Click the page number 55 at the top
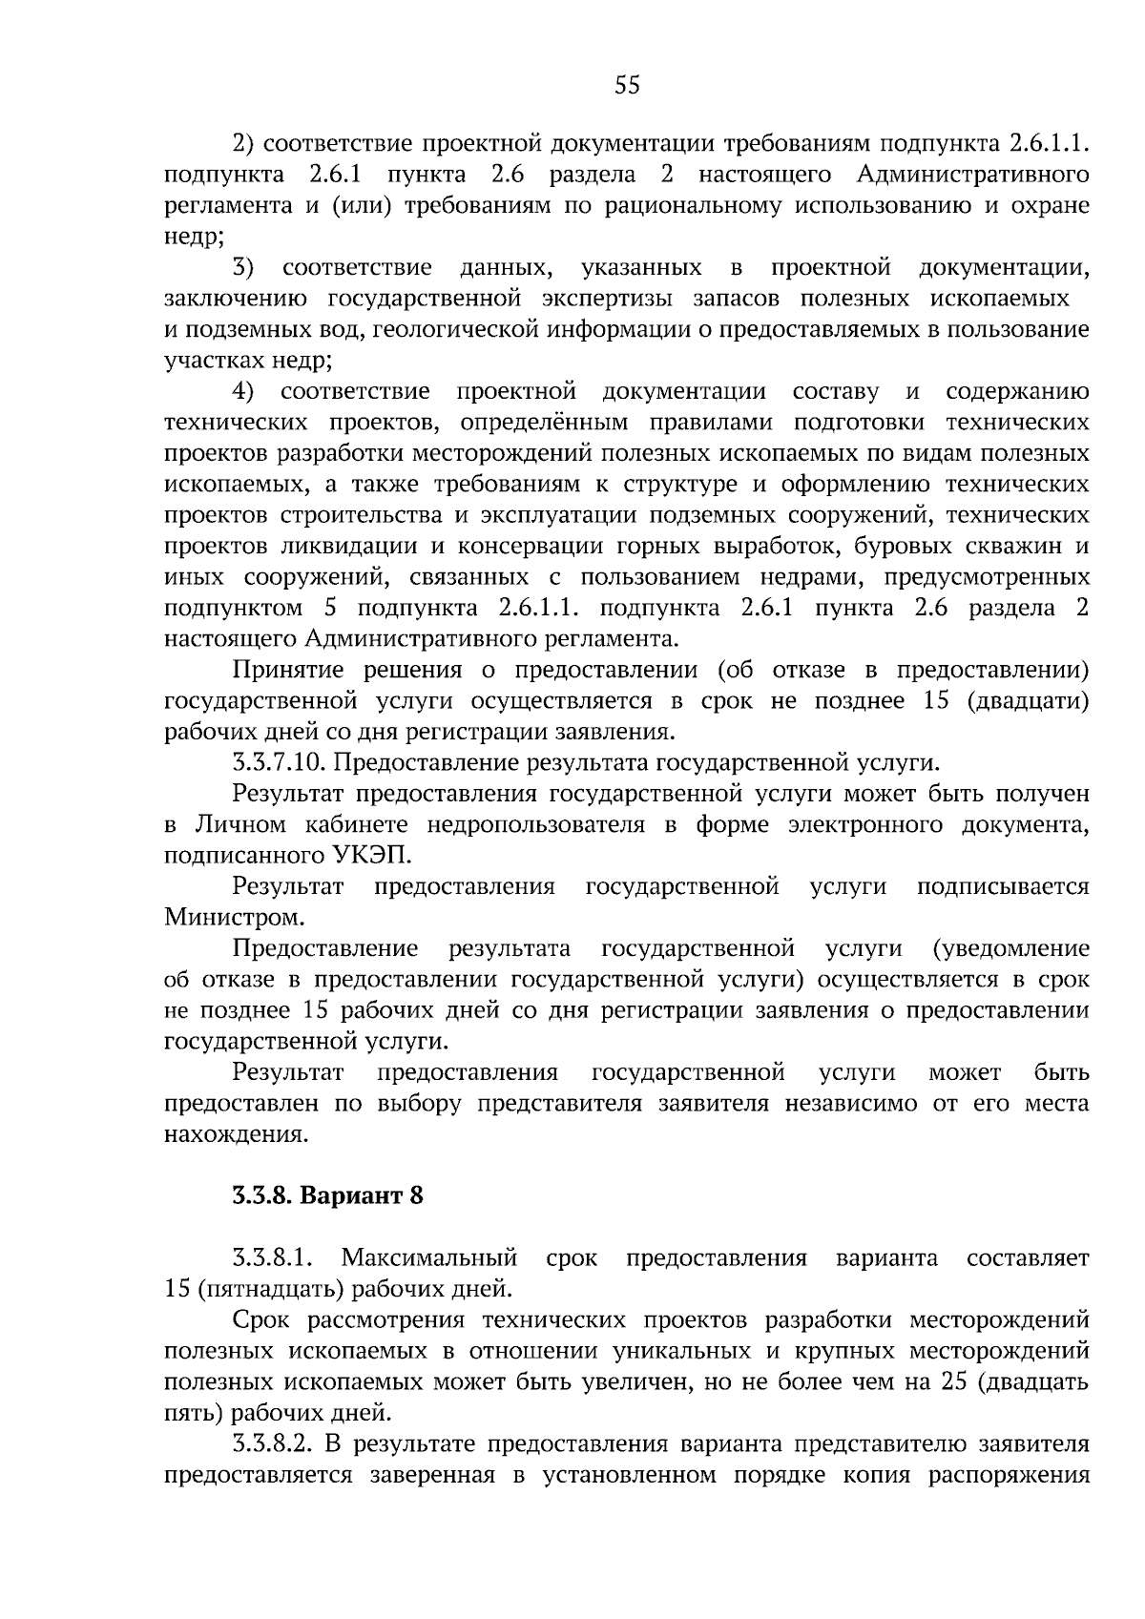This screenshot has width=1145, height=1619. click(627, 86)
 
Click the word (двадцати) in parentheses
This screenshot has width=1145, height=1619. click(1028, 701)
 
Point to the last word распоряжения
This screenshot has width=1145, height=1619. click(1015, 1475)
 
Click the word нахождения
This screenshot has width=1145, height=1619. click(236, 1134)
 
